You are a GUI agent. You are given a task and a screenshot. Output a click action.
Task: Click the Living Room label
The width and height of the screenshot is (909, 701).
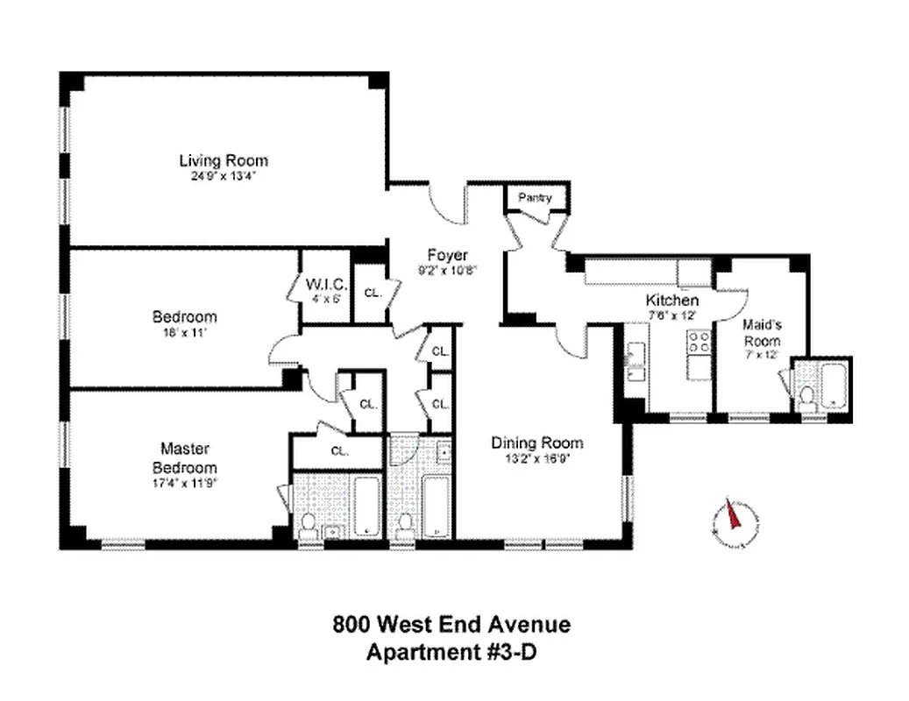[224, 160]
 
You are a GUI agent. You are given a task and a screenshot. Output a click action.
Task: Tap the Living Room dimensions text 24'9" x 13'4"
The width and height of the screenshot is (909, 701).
[224, 175]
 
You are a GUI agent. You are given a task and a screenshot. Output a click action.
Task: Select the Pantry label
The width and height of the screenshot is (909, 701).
[535, 198]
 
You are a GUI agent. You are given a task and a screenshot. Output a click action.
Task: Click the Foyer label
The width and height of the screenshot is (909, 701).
[447, 256]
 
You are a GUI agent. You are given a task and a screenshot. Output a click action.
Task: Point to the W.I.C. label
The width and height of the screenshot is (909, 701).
[327, 284]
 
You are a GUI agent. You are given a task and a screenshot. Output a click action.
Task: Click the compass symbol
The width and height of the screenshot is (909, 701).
[734, 521]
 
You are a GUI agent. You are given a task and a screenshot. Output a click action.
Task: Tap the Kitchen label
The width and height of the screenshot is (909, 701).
[671, 300]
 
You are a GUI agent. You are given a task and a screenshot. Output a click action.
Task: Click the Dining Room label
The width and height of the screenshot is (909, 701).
[536, 443]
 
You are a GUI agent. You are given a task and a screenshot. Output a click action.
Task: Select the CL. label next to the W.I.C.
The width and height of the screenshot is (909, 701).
[372, 293]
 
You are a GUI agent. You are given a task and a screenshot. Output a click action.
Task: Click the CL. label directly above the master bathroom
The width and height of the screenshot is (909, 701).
[339, 451]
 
